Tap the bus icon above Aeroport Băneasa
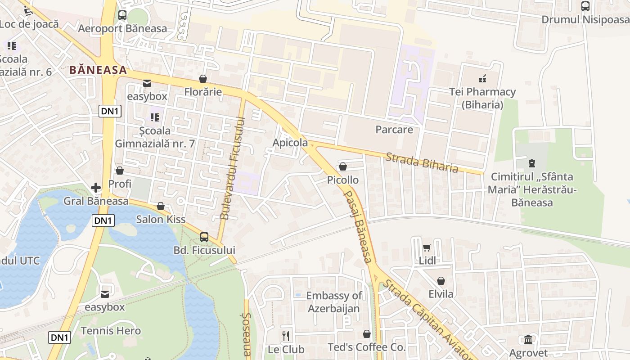[x=122, y=15]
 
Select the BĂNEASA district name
[x=98, y=70]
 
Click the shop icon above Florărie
[x=203, y=79]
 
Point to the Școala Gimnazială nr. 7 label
[x=155, y=137]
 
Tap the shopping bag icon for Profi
[x=120, y=171]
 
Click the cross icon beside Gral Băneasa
[x=96, y=188]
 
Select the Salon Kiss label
[x=161, y=220]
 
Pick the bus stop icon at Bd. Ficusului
[x=204, y=237]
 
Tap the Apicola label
[x=290, y=143]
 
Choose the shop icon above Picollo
[x=343, y=167]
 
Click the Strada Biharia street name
[x=422, y=162]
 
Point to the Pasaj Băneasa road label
[x=358, y=226]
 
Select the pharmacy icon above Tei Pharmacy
[x=482, y=79]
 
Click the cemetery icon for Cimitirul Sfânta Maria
[x=532, y=163]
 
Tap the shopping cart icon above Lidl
[x=427, y=247]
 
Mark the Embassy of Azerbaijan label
[x=334, y=302]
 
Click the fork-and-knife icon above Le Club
[x=285, y=336]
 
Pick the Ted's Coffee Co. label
[x=366, y=347]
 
